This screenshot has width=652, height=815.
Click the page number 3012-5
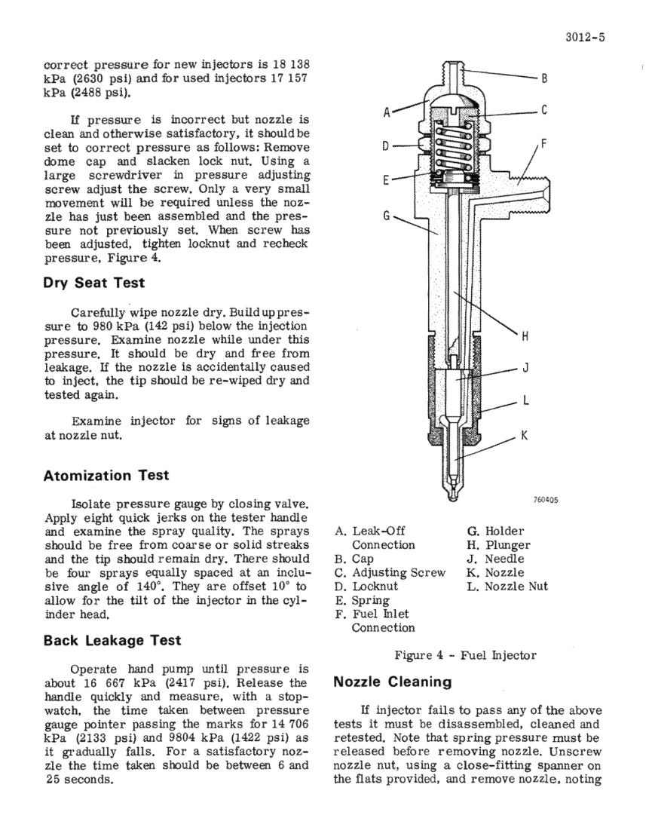[x=585, y=38]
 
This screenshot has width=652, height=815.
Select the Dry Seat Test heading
[x=94, y=283]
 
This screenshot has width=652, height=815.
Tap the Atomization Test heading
[x=106, y=476]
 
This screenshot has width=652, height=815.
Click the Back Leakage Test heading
[x=112, y=640]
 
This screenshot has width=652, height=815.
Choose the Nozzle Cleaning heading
[x=393, y=682]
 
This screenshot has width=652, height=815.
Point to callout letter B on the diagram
[x=544, y=79]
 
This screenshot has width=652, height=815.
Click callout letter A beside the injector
[x=387, y=112]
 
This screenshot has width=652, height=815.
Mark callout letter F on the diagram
[x=544, y=144]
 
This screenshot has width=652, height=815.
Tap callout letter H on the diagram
[x=525, y=336]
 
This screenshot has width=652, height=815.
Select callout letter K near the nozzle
[x=525, y=436]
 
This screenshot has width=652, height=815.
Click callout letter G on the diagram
[x=387, y=215]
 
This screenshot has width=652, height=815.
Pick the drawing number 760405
[x=546, y=500]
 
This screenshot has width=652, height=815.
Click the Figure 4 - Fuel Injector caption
[x=465, y=655]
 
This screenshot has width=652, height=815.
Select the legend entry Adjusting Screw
[x=399, y=573]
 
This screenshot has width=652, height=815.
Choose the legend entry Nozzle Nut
[x=516, y=587]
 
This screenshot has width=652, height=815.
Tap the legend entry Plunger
[x=507, y=546]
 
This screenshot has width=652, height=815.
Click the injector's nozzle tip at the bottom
[x=452, y=496]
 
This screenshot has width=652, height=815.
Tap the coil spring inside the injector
[x=453, y=147]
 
